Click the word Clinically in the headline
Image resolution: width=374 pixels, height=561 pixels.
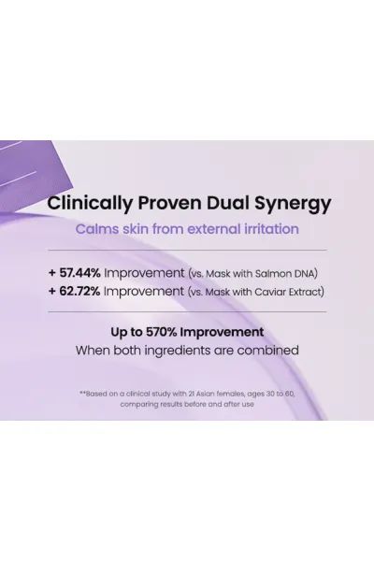[90, 204]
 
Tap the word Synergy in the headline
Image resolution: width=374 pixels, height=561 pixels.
[293, 204]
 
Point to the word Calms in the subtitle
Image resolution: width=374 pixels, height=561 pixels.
[97, 229]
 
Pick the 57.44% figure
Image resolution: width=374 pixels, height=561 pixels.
[79, 273]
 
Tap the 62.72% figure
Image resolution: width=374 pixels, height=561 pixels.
[79, 291]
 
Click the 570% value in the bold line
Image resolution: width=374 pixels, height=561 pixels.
[162, 332]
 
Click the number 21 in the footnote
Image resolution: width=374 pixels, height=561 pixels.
[191, 394]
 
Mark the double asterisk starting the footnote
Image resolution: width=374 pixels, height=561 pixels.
[82, 393]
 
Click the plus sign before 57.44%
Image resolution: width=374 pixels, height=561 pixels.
[52, 273]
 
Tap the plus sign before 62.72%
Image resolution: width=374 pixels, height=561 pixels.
[52, 291]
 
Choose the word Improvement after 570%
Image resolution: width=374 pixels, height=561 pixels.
[222, 332]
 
